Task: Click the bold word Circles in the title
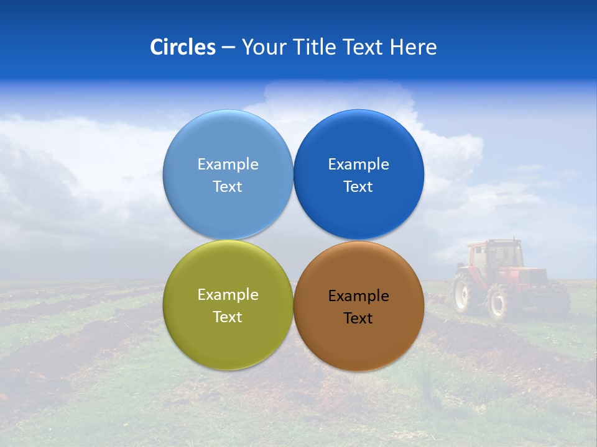(182, 47)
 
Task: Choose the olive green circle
(228, 341)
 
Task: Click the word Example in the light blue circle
(228, 165)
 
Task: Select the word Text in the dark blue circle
(358, 187)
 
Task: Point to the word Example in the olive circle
(228, 295)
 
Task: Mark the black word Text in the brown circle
(358, 318)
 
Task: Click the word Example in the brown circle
(358, 296)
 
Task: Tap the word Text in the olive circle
(228, 317)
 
